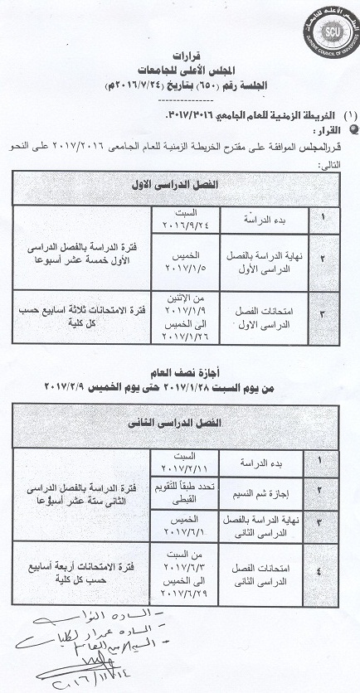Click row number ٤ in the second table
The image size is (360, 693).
coord(318,569)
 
